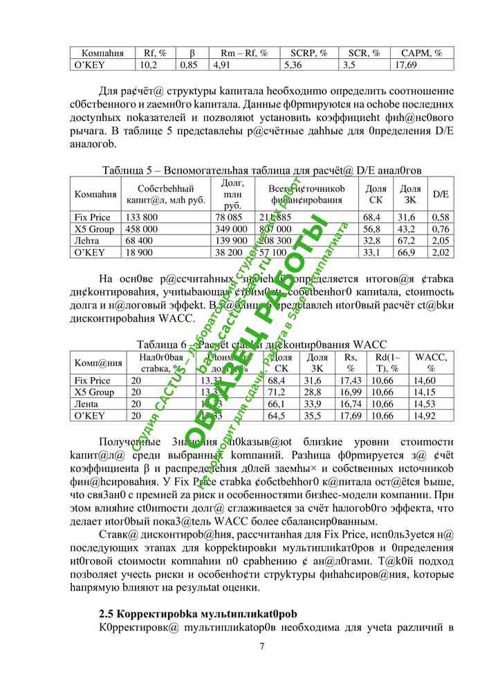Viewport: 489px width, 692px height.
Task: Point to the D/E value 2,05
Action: [x=441, y=241]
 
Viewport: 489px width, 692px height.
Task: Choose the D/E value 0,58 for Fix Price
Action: [x=441, y=217]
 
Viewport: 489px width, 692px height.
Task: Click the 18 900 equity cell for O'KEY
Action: [x=139, y=253]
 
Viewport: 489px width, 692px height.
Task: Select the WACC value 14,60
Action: [x=423, y=381]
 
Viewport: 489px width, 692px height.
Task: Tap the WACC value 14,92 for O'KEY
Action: [x=423, y=416]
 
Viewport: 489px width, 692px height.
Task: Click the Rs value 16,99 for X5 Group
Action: [x=350, y=392]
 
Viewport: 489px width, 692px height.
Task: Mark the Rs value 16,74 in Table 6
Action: [x=350, y=404]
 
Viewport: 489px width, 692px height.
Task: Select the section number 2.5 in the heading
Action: [x=107, y=613]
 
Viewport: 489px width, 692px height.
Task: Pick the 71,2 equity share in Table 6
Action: [x=276, y=392]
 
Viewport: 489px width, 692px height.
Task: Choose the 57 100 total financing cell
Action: [x=273, y=253]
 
